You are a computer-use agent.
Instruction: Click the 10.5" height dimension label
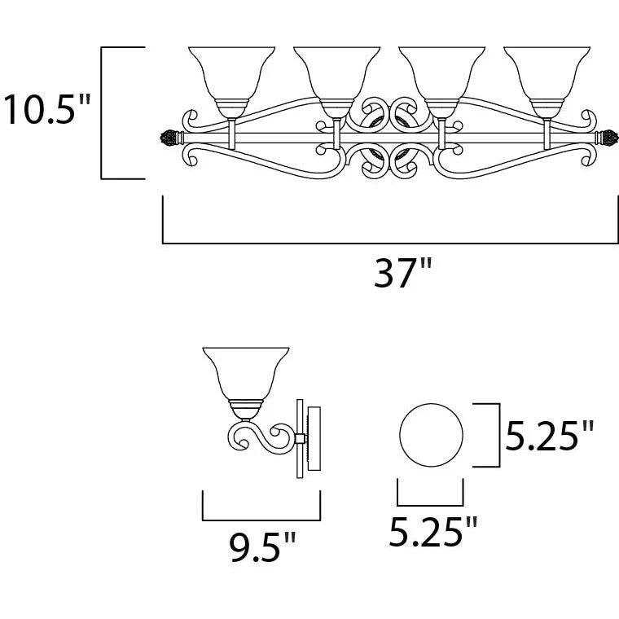pos(46,109)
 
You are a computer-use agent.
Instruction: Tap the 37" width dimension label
pos(402,272)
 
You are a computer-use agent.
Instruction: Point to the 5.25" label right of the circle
pos(549,435)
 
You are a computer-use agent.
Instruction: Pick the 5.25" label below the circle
pos(433,531)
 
